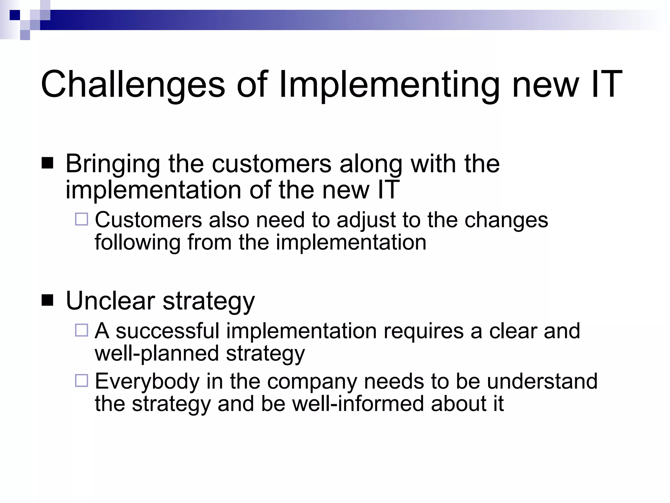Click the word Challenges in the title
point(132,84)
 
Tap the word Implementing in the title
point(389,84)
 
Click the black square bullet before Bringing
point(48,163)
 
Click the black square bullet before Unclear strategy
point(48,300)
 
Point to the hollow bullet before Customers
point(81,219)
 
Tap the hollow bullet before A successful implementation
point(81,330)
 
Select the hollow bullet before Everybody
point(81,381)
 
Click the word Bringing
point(113,164)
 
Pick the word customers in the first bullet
point(272,164)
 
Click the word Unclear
point(110,301)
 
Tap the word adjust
point(366,220)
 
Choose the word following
point(137,243)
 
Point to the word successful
point(167,331)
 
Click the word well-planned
point(157,354)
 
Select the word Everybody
point(147,382)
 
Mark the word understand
point(542,381)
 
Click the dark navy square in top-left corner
point(15,15)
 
